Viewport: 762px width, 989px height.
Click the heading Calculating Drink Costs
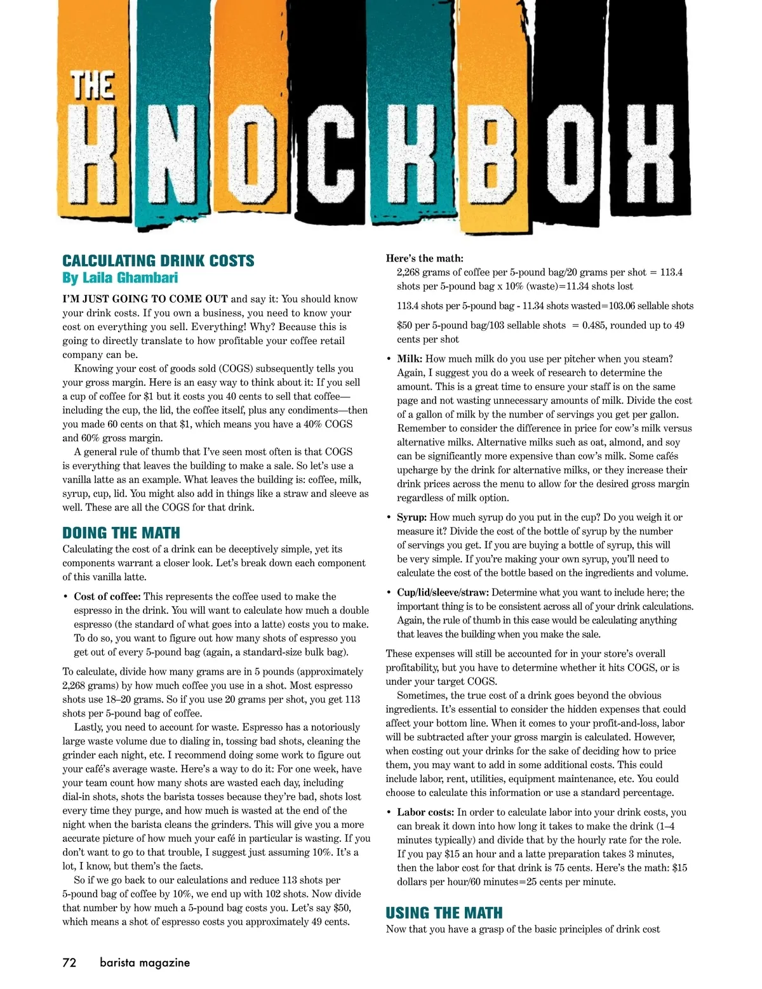click(158, 261)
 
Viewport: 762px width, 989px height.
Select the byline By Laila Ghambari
click(120, 277)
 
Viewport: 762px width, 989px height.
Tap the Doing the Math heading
click(121, 533)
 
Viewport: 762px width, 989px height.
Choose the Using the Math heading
click(444, 913)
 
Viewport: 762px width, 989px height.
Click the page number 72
click(69, 962)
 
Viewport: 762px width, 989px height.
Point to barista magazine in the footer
click(145, 962)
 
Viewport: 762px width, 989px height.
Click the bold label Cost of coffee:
click(107, 597)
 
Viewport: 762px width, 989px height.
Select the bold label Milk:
click(410, 359)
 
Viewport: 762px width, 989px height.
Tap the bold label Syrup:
click(411, 517)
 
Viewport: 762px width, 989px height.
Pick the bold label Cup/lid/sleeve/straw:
click(443, 593)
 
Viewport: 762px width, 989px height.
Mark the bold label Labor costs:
click(425, 813)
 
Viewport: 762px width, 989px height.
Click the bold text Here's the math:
click(424, 258)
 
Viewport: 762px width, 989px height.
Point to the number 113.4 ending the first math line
click(671, 272)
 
